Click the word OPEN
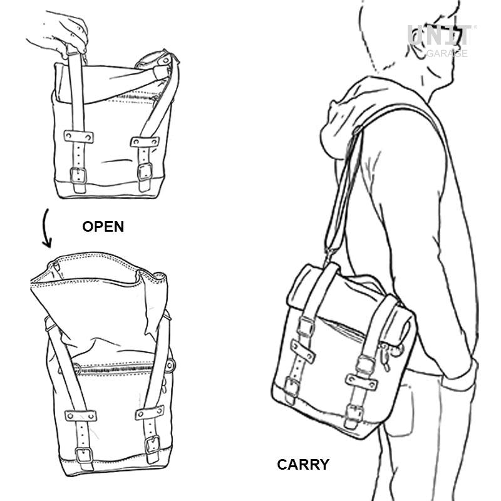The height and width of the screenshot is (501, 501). pos(103,227)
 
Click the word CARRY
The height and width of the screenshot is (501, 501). pos(303,464)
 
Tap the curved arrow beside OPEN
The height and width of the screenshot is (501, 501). pos(46,228)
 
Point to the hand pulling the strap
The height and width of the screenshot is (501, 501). pos(61,34)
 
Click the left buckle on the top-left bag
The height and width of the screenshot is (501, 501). pos(78,176)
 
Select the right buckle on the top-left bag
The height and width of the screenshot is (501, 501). pos(145,172)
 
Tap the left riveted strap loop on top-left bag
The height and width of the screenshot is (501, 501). pos(79,137)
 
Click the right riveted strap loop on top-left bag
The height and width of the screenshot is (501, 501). pos(145,142)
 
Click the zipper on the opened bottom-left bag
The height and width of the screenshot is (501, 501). pos(121,368)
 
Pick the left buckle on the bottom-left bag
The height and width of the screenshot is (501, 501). pos(84,455)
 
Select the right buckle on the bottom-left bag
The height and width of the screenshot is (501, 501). pos(152,444)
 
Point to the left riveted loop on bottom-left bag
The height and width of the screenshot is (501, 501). pos(81,416)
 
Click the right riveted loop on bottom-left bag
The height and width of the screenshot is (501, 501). pos(150,412)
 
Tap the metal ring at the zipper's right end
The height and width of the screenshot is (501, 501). pos(170,365)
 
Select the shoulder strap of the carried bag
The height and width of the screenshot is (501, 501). pos(343,192)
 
